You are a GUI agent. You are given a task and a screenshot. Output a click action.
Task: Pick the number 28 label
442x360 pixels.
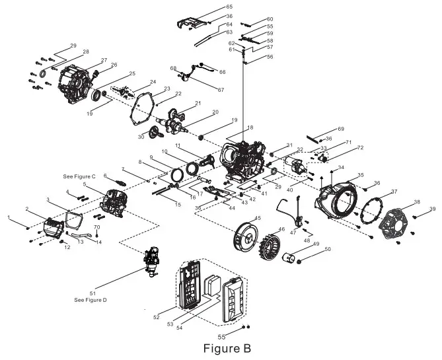85,52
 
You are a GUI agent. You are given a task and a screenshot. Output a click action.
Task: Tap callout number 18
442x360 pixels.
250,127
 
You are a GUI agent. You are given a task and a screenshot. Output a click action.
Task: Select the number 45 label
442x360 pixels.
258,218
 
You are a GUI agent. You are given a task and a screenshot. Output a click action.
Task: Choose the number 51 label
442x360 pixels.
92,293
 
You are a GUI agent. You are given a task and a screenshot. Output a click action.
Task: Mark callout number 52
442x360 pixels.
156,318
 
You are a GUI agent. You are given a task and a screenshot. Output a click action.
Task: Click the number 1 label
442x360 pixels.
9,217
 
